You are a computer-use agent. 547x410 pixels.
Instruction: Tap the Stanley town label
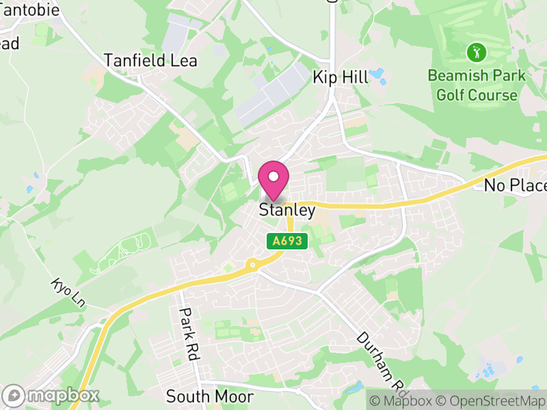point(287,210)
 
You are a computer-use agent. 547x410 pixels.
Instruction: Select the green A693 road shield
point(288,241)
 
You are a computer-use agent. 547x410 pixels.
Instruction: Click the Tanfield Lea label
point(150,61)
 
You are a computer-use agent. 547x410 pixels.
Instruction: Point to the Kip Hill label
point(341,77)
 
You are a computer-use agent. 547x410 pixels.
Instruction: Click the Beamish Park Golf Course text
point(477,85)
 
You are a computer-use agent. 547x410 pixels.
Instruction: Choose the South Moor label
point(210,396)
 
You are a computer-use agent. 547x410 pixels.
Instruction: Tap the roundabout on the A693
point(253,264)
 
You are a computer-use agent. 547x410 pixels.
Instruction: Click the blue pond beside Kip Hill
point(377,74)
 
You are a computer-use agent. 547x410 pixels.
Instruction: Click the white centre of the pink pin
point(273,176)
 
